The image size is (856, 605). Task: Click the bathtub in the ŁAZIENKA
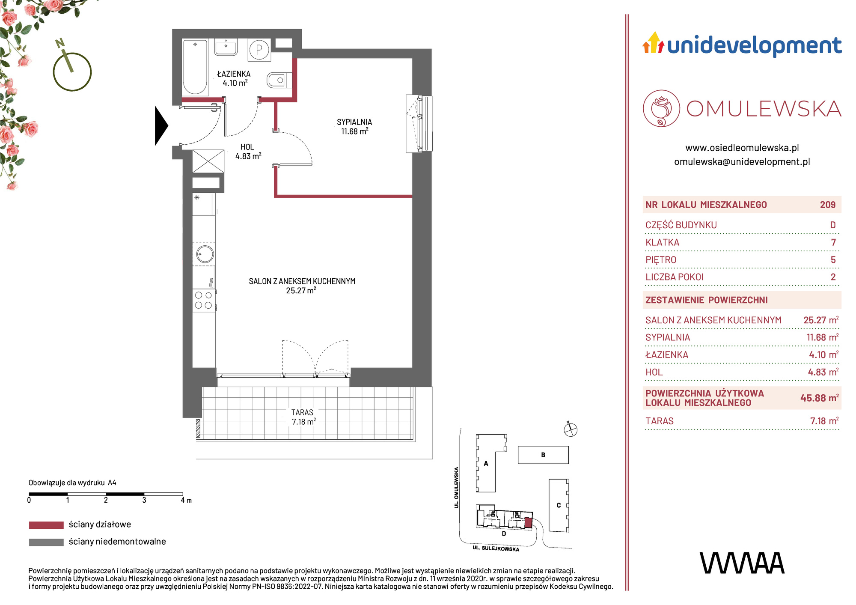[x=195, y=67]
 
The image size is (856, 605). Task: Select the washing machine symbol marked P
[x=259, y=50]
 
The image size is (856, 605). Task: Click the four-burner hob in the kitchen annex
[x=204, y=300]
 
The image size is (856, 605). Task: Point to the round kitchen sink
[x=205, y=254]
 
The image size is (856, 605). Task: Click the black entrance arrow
[x=161, y=126]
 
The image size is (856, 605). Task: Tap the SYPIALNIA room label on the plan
[x=354, y=122]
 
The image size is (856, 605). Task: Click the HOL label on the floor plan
[x=247, y=147]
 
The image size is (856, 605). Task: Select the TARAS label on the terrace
[x=302, y=412]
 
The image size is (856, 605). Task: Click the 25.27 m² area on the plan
[x=301, y=290]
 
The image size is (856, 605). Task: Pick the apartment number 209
[x=828, y=205]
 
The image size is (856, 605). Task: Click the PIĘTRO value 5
[x=833, y=260]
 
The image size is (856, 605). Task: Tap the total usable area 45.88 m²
[x=819, y=398]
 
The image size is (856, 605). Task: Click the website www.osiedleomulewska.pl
[x=742, y=148]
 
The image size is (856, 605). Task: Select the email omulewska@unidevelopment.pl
[x=742, y=162]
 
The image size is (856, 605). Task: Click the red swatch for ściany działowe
[x=46, y=525]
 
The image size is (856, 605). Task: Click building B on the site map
[x=543, y=455]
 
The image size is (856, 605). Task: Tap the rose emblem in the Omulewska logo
[x=661, y=108]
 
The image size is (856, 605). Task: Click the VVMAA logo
[x=742, y=563]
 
